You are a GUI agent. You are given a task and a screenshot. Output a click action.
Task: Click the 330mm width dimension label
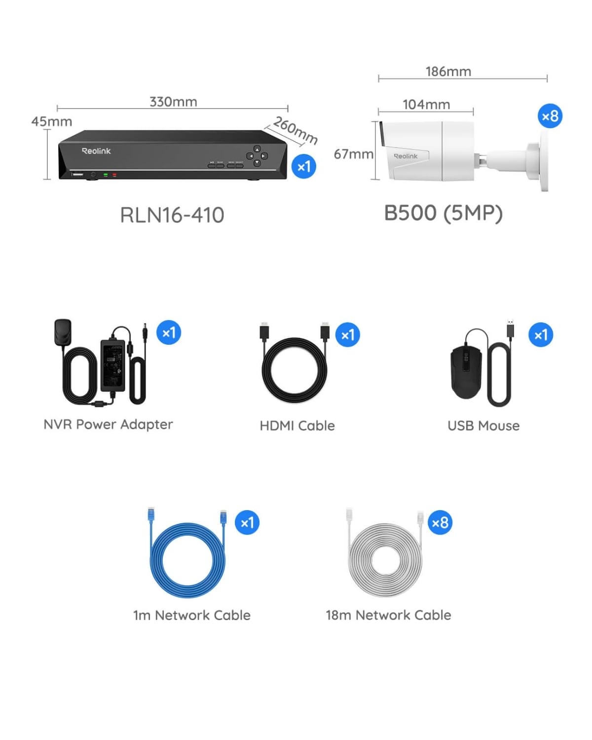(x=173, y=102)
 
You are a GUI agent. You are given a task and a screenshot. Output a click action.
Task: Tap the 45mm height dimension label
(x=51, y=121)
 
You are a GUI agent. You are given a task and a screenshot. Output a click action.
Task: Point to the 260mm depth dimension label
(x=296, y=130)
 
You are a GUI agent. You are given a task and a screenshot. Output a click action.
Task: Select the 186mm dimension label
(x=448, y=72)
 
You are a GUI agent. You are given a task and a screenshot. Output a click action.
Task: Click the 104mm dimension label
(x=426, y=105)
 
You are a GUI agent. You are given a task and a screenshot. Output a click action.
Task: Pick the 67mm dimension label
(x=353, y=154)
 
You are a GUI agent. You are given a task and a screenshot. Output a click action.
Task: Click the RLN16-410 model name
(x=172, y=215)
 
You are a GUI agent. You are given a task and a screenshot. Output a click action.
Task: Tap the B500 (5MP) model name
(x=443, y=213)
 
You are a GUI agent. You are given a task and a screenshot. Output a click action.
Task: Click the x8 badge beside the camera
(x=550, y=116)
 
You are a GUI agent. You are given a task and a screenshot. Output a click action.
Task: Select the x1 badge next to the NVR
(x=303, y=167)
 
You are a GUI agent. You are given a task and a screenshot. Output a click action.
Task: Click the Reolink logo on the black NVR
(x=96, y=151)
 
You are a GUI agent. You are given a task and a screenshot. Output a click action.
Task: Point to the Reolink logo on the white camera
(x=406, y=156)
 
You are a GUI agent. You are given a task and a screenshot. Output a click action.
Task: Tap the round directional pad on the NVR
(x=257, y=155)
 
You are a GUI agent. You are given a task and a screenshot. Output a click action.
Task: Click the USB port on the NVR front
(x=78, y=174)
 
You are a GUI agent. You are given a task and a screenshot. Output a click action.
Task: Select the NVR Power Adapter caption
(x=108, y=424)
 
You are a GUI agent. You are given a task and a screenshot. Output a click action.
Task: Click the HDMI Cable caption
(x=297, y=426)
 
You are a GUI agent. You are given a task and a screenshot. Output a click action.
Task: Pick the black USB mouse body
(x=465, y=371)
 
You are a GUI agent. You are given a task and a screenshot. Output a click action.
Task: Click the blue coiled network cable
(x=187, y=560)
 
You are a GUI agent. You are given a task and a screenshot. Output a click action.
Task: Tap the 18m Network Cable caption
(x=388, y=615)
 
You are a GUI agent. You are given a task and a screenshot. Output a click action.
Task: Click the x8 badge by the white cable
(x=440, y=522)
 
